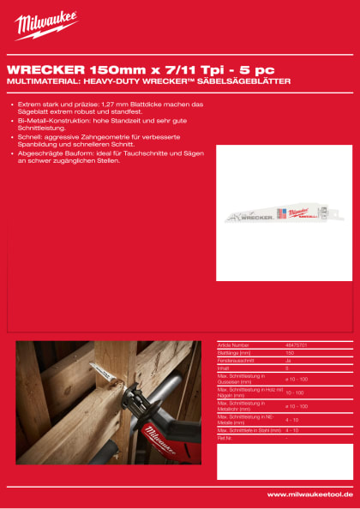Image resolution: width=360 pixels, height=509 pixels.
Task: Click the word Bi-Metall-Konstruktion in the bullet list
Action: (49, 121)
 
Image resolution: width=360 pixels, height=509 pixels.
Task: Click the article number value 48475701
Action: (297, 345)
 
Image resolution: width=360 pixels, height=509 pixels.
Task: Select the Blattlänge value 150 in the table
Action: (289, 352)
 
